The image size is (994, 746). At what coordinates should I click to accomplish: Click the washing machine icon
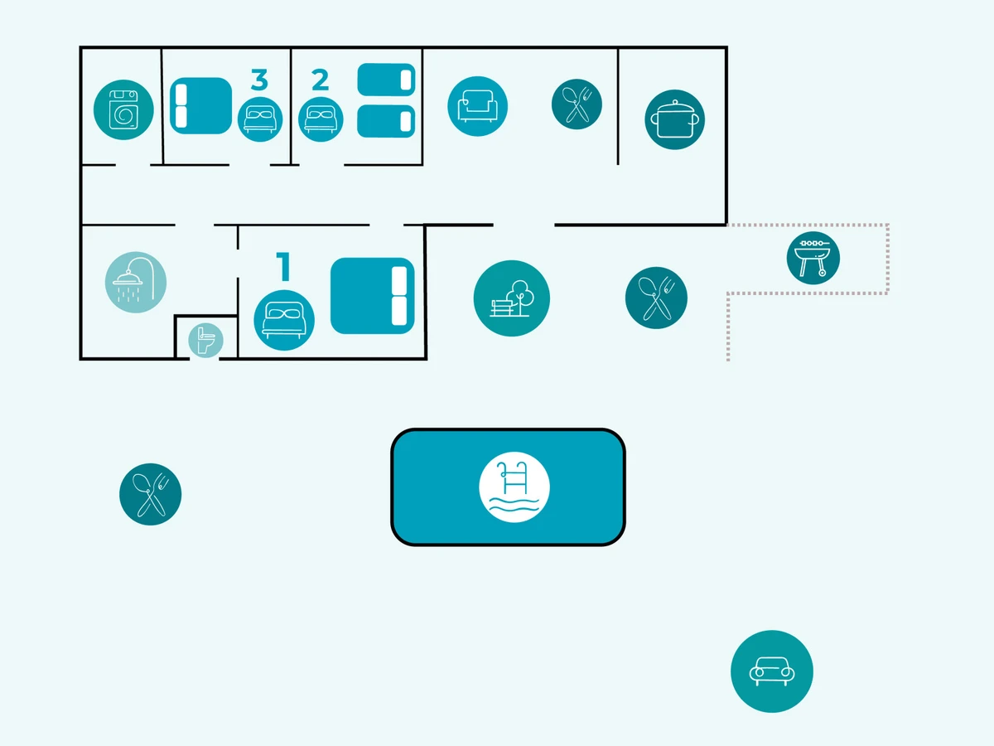[124, 110]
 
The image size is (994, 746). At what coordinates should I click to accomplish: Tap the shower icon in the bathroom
[136, 282]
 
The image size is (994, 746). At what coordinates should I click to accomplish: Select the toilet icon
[205, 341]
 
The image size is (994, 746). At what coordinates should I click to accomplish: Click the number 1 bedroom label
[283, 268]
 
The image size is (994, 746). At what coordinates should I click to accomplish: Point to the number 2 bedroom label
[320, 80]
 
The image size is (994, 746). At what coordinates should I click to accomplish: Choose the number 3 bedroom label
[259, 80]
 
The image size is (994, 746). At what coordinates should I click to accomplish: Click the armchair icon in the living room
[478, 106]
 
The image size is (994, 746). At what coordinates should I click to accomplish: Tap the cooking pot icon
[675, 120]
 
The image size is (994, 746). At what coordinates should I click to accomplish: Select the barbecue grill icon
[813, 258]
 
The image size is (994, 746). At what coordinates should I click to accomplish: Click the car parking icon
[772, 671]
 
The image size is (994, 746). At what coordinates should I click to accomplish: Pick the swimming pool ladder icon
[514, 487]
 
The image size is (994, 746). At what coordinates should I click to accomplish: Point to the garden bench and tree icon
[512, 298]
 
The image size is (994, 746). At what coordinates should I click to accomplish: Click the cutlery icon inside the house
[577, 104]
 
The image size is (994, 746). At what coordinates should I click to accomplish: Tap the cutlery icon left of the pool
[151, 494]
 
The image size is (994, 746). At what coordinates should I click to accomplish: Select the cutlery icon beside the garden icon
[656, 298]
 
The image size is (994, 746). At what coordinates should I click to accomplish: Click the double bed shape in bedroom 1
[373, 296]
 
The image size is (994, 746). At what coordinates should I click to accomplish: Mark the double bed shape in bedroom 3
[200, 105]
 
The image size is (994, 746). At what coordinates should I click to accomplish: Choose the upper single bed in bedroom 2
[386, 80]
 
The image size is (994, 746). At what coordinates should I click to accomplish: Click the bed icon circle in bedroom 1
[284, 320]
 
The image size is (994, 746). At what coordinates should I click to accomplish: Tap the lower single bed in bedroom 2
[386, 121]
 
